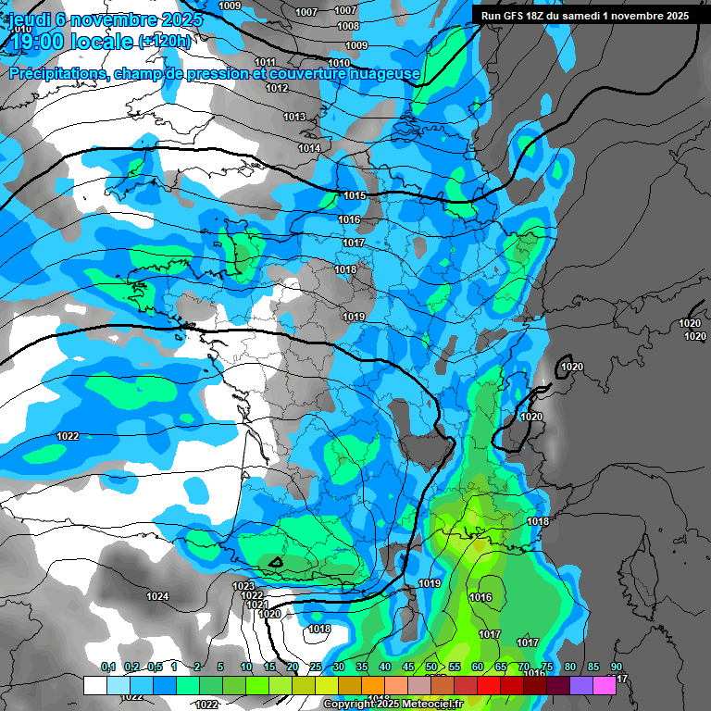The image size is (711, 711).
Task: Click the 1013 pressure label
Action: click(294, 117)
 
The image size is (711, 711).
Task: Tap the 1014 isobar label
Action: click(309, 148)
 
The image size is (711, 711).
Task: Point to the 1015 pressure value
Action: click(355, 195)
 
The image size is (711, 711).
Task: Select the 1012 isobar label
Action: click(277, 88)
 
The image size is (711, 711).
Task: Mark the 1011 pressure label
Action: click(265, 62)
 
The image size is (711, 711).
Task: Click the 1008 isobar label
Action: click(349, 26)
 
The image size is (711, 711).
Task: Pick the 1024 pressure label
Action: click(157, 596)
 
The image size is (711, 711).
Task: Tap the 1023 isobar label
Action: click(243, 586)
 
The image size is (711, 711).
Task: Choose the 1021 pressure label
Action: click(258, 605)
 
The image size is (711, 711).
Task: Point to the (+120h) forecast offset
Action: click(165, 41)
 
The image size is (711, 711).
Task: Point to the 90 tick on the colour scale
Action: click(617, 667)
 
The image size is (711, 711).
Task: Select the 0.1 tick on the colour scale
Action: click(107, 667)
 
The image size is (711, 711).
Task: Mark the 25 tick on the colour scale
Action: click(316, 667)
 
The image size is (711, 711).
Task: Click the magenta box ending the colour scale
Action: click(605, 685)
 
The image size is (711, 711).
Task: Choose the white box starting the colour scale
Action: click(94, 685)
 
